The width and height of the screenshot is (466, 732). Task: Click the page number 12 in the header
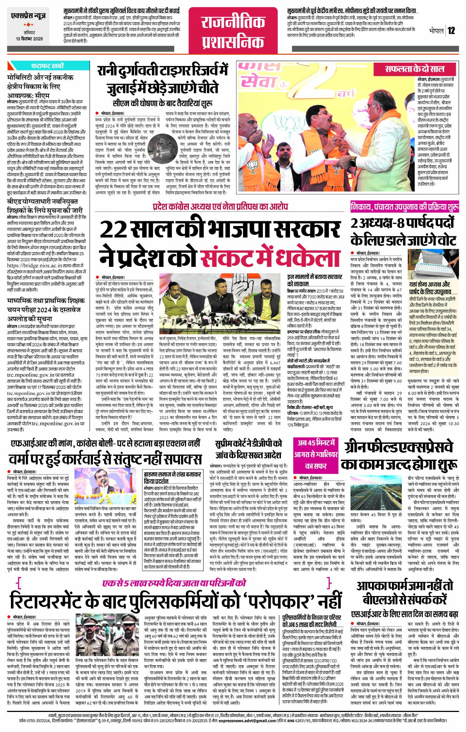pos(451,31)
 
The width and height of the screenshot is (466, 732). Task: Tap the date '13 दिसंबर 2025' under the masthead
pos(29,39)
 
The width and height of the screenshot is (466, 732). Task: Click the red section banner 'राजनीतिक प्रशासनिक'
pos(233,33)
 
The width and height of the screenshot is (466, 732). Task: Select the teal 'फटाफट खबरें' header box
pos(48,66)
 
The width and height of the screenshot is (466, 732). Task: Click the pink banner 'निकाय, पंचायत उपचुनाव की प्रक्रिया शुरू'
pos(404,207)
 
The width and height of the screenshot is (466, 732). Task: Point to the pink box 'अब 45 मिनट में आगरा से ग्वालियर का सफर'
pos(316,454)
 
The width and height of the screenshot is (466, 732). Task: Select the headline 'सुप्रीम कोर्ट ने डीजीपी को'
pos(248,444)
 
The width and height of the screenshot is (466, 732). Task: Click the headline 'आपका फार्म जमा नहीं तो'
pos(404,586)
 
